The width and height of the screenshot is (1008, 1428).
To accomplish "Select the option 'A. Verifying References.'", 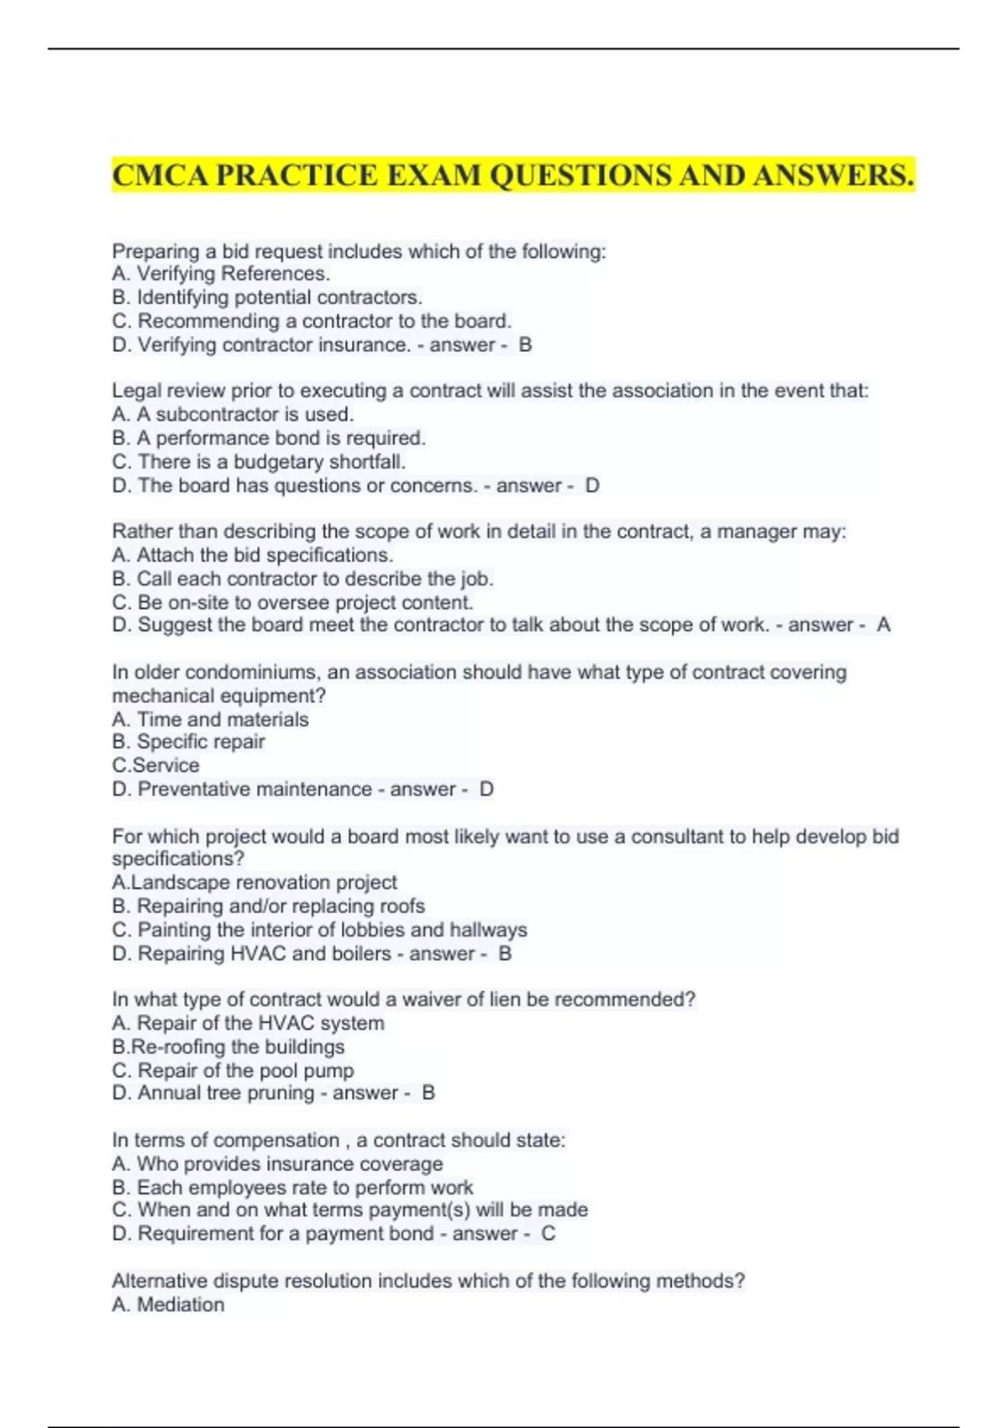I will coord(221,274).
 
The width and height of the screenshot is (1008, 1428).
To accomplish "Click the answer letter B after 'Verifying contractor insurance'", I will coord(525,345).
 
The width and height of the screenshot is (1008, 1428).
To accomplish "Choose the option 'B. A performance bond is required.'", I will coord(269,438).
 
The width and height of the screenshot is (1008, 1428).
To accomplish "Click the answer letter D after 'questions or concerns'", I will coord(592,486).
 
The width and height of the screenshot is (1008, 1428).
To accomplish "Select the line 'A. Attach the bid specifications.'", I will coord(252,555).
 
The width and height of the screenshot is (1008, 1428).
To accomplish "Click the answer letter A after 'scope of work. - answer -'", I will coord(883,625).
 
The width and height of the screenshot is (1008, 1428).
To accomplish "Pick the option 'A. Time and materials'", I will coord(210,720).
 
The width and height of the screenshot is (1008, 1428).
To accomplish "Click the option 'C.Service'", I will coord(155,765).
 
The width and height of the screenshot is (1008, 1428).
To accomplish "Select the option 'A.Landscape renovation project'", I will coord(254,883).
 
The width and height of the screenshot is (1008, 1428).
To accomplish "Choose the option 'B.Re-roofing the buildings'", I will coord(228,1047).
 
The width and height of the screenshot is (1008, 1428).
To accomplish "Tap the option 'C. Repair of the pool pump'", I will coord(233,1071).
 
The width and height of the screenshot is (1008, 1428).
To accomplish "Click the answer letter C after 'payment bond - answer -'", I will coord(548,1234).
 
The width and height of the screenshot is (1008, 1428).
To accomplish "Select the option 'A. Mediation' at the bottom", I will coord(168,1305).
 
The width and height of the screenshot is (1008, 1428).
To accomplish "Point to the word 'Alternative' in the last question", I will coord(160,1282).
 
